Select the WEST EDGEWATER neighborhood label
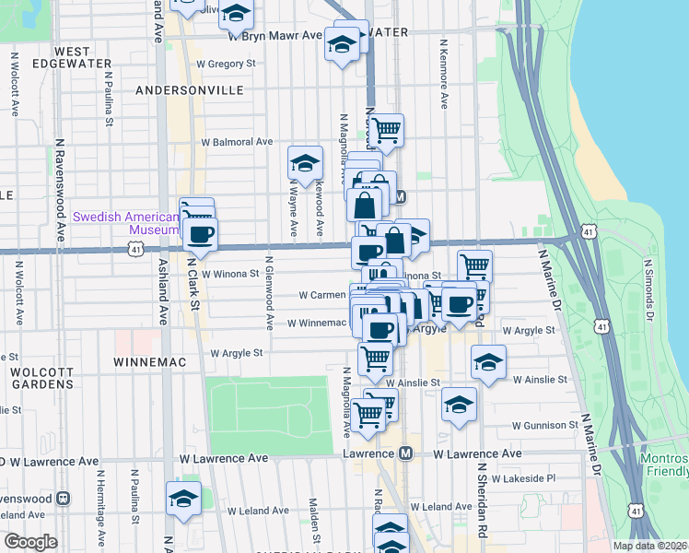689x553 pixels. pyautogui.click(x=61, y=57)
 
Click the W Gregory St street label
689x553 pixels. pyautogui.click(x=225, y=64)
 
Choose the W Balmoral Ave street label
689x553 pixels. pyautogui.click(x=238, y=143)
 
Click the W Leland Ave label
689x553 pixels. pyautogui.click(x=441, y=507)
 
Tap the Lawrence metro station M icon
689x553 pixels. pyautogui.click(x=406, y=454)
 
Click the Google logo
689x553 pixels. pyautogui.click(x=30, y=542)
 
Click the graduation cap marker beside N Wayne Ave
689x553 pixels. pyautogui.click(x=306, y=164)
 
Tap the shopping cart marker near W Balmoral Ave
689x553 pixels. pyautogui.click(x=387, y=131)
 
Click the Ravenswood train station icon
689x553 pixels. pyautogui.click(x=63, y=499)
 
